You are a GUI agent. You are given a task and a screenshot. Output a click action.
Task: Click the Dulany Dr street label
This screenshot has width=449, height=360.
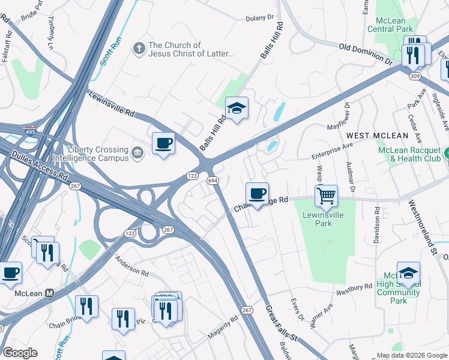(259, 19)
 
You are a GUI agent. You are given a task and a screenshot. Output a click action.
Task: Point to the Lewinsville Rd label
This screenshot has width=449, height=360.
(112, 104)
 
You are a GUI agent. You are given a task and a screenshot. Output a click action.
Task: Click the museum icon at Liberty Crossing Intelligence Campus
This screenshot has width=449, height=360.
(139, 154)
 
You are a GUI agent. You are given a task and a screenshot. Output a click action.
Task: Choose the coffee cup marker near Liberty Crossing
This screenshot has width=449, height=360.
(163, 143)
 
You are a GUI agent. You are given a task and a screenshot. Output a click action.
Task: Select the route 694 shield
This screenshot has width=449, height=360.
(212, 180)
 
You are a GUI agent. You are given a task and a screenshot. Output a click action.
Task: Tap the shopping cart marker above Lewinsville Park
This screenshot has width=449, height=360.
(325, 195)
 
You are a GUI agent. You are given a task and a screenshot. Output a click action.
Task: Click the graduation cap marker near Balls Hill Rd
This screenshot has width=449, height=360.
(237, 109)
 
